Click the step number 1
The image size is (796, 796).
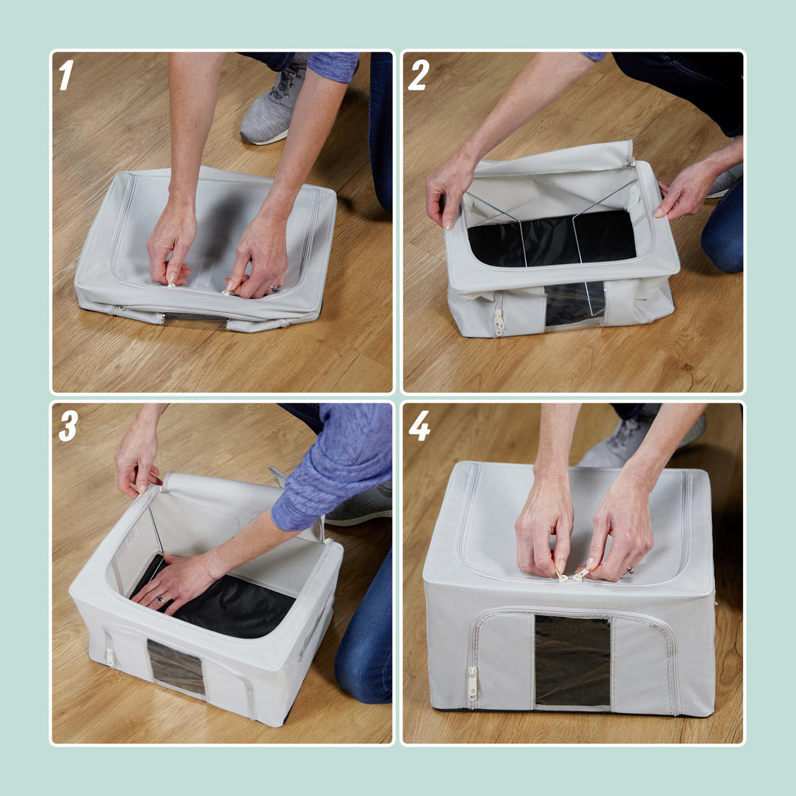coord(66,75)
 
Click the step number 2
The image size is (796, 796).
coord(419,75)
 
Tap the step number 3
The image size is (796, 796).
coord(68,427)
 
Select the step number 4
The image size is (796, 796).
coord(419,427)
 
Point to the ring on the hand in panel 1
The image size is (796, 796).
coord(274,289)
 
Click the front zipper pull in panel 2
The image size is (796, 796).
coord(498,322)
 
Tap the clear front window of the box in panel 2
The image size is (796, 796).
coord(574,304)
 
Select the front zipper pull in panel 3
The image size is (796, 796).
coord(110,657)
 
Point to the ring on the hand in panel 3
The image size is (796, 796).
coord(161,600)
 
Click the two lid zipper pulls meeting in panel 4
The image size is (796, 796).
coord(572,575)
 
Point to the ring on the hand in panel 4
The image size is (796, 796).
coord(630,570)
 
